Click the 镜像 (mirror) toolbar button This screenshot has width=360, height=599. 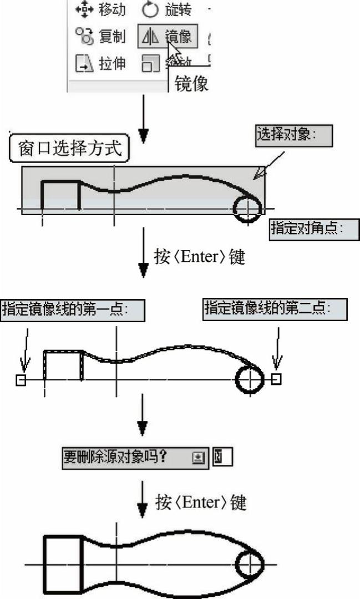[x=165, y=37]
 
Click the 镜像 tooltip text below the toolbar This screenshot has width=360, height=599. [x=191, y=83]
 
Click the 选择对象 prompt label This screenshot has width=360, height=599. [x=293, y=135]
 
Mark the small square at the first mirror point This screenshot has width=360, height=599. [x=21, y=380]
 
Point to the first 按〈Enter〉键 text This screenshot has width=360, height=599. [x=199, y=257]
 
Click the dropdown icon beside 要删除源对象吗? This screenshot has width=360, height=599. [x=199, y=458]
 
